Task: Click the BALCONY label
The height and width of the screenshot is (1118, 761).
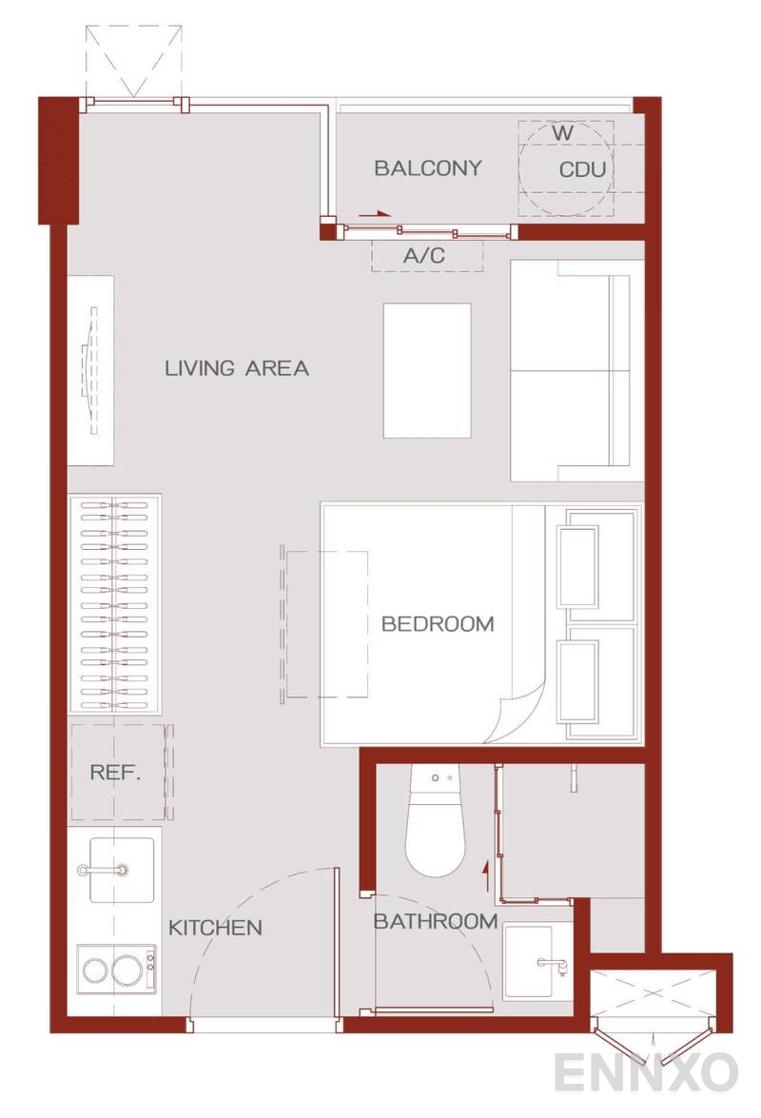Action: tap(427, 168)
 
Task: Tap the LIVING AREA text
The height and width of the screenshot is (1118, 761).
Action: tap(237, 368)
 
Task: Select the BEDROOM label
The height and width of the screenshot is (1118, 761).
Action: tap(438, 624)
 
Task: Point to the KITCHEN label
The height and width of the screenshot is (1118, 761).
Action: tap(215, 928)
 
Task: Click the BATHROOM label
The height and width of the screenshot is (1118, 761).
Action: tap(436, 921)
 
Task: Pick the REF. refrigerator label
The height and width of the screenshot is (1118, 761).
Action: tap(115, 772)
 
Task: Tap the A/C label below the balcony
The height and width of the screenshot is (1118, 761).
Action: tap(424, 255)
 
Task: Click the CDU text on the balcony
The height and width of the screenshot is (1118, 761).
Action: tap(582, 169)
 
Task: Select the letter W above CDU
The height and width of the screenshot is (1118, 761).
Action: tap(563, 132)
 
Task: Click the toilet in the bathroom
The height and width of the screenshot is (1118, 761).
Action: tap(436, 821)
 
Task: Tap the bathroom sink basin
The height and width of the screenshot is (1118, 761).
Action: tap(529, 960)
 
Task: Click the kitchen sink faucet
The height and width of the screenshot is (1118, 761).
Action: tap(104, 870)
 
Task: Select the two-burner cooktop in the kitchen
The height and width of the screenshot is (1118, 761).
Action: tap(115, 969)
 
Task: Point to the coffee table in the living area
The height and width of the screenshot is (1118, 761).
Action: tap(427, 371)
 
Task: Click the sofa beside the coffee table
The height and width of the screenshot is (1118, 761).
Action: tap(577, 370)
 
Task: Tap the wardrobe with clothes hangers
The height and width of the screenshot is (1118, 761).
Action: tap(115, 603)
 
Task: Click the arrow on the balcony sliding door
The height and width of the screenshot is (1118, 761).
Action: tap(376, 213)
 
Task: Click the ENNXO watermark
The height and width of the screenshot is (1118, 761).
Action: tap(646, 1072)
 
